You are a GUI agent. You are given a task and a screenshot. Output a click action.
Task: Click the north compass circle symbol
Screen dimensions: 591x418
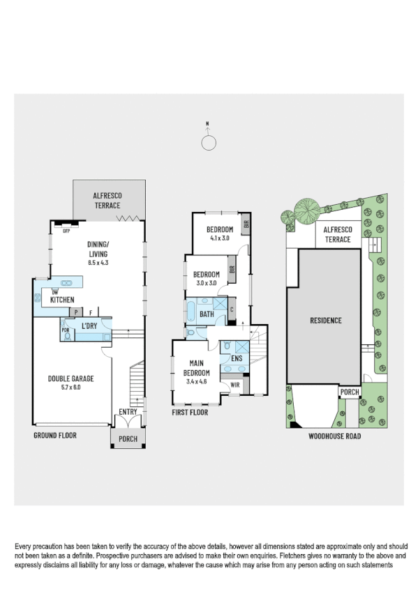pyautogui.click(x=207, y=143)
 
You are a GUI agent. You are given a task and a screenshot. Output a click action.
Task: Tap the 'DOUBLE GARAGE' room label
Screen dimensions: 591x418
pyautogui.click(x=70, y=378)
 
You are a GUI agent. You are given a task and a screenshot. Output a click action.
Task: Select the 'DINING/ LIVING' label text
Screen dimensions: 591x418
pyautogui.click(x=98, y=244)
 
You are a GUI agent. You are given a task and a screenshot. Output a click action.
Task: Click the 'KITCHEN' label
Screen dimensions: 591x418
pyautogui.click(x=62, y=300)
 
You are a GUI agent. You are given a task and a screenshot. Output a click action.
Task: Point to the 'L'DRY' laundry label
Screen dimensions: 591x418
pyautogui.click(x=89, y=326)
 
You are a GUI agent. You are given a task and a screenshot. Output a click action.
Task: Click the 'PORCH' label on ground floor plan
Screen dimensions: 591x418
pyautogui.click(x=127, y=438)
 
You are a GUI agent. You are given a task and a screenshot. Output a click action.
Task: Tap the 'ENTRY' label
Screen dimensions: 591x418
pyautogui.click(x=128, y=412)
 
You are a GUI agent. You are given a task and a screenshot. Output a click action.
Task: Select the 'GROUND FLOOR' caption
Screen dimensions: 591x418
pyautogui.click(x=55, y=435)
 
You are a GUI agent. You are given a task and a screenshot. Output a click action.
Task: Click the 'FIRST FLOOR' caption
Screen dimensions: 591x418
pyautogui.click(x=190, y=412)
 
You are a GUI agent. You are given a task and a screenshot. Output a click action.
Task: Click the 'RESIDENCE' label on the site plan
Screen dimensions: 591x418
pyautogui.click(x=325, y=321)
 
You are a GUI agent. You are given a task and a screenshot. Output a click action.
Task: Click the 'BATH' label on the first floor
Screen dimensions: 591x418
pyautogui.click(x=207, y=314)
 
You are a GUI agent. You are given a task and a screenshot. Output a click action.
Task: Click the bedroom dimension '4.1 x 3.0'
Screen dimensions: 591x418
pyautogui.click(x=219, y=238)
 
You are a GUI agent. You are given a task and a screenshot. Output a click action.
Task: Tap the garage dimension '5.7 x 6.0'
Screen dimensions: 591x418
pyautogui.click(x=70, y=387)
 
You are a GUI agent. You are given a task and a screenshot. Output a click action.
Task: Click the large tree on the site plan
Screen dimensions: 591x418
pyautogui.click(x=305, y=209)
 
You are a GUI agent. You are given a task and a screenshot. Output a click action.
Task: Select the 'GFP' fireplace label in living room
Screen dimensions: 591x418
pyautogui.click(x=67, y=229)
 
